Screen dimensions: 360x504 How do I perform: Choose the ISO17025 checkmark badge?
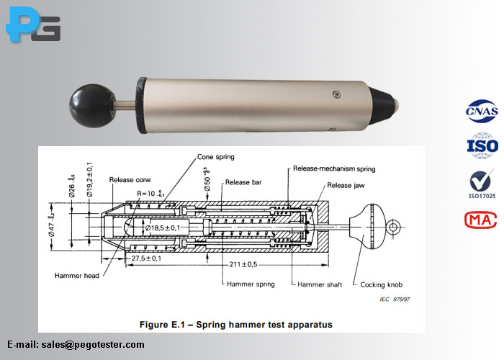[x=482, y=183]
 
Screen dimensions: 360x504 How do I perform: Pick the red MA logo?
[x=482, y=220]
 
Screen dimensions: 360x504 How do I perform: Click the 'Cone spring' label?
[x=215, y=157]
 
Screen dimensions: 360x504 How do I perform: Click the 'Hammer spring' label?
[x=251, y=284]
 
